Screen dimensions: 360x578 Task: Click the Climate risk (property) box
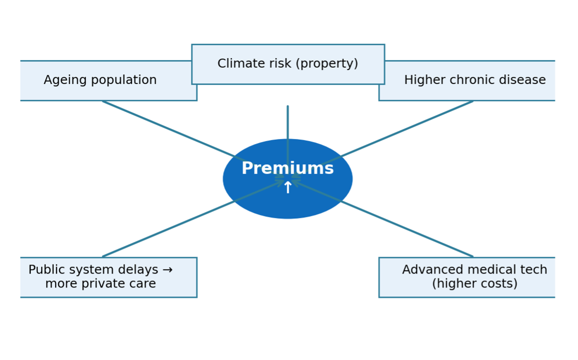[x=288, y=64]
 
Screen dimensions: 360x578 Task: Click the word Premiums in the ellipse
[x=287, y=168]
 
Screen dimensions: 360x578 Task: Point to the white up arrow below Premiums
[x=287, y=188]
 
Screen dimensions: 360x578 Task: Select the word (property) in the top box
[x=332, y=64]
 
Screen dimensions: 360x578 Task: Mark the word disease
[x=525, y=81]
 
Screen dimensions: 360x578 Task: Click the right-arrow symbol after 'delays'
[x=167, y=270]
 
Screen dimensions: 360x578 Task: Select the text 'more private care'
[x=100, y=284]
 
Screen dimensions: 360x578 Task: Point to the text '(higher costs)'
[x=474, y=284]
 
